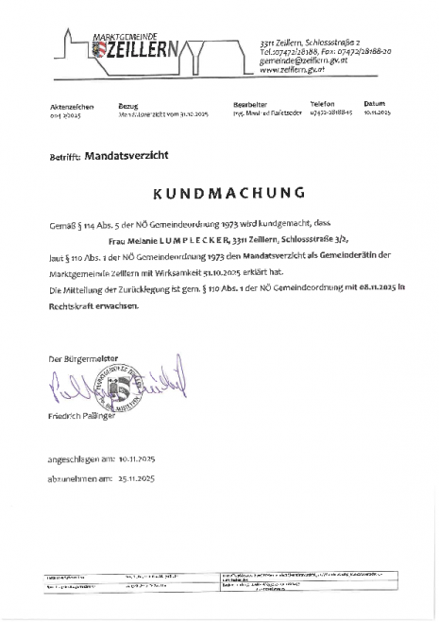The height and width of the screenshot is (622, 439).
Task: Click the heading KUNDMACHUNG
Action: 219,195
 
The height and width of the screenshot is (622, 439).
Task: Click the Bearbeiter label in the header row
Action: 250,105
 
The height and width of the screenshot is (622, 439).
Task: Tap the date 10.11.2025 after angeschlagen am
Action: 140,457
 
